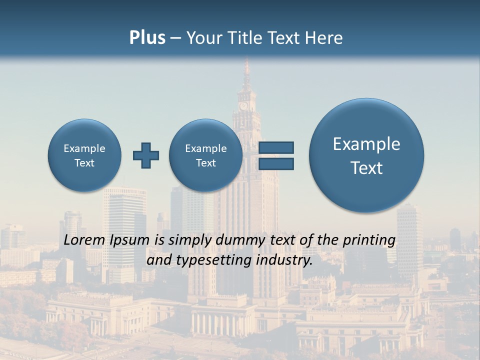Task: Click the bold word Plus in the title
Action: pyautogui.click(x=147, y=38)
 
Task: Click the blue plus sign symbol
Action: pyautogui.click(x=146, y=155)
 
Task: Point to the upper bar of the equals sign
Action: pyautogui.click(x=276, y=147)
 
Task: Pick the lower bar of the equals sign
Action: pyautogui.click(x=276, y=163)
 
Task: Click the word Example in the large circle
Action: pyautogui.click(x=366, y=144)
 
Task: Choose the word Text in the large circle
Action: pyautogui.click(x=366, y=168)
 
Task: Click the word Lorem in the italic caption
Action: pyautogui.click(x=83, y=240)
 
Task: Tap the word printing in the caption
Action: pyautogui.click(x=369, y=240)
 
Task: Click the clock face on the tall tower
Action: pyautogui.click(x=243, y=105)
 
